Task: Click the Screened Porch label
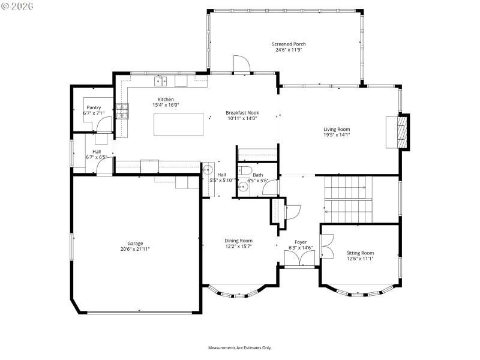click(x=289, y=44)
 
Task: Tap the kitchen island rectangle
click(x=175, y=124)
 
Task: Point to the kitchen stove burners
click(x=122, y=110)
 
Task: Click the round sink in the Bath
click(x=244, y=187)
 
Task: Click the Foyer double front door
click(x=298, y=257)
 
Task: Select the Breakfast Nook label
click(x=242, y=112)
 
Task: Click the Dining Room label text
click(x=238, y=241)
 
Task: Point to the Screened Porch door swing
click(x=241, y=64)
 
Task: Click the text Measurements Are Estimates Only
click(x=240, y=347)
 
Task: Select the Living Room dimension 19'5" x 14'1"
click(x=337, y=135)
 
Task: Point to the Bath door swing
click(x=269, y=187)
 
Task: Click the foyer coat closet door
click(x=293, y=211)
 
